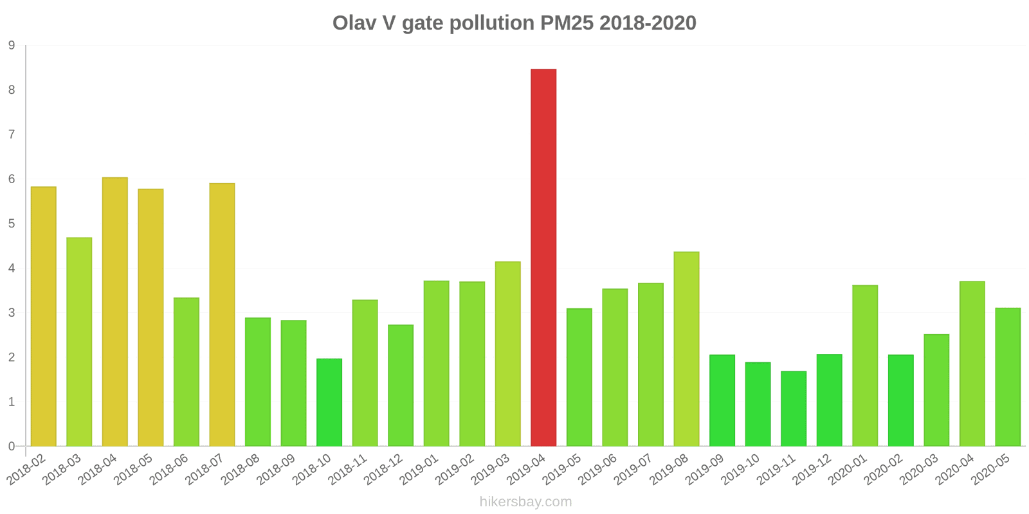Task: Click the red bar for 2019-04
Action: pos(543,257)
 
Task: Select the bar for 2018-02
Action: pos(44,316)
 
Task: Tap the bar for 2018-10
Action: pos(329,402)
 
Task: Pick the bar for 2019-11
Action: pos(794,409)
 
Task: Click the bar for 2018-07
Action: pos(222,315)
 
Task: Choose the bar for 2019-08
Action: pos(686,349)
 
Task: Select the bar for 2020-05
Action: pos(1008,377)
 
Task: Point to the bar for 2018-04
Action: pos(115,312)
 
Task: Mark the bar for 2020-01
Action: pos(865,366)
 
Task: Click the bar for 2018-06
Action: pos(187,372)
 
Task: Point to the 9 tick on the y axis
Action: pos(12,46)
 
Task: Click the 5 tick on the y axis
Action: pos(12,224)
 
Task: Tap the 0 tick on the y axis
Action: pos(12,447)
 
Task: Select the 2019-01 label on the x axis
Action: pos(419,470)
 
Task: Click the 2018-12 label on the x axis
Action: pos(383,470)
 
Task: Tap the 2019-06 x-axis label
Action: pos(597,470)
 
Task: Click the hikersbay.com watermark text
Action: pos(525,502)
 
